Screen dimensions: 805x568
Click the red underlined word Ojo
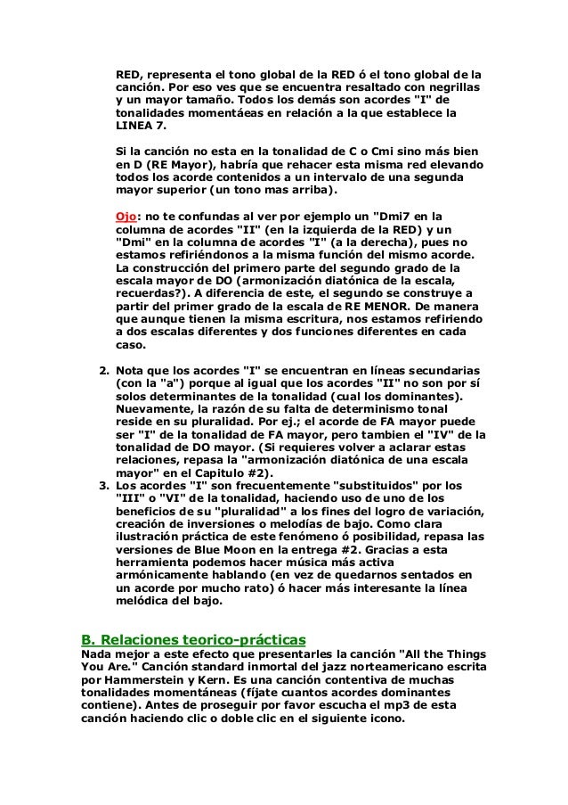[126, 217]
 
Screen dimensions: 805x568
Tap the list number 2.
[102, 369]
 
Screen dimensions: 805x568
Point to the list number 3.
[102, 485]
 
